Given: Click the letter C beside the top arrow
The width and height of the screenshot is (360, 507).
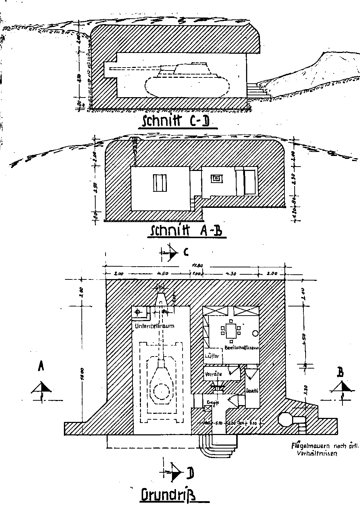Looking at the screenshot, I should coord(186,252).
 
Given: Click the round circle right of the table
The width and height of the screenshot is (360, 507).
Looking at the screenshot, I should coord(255,333).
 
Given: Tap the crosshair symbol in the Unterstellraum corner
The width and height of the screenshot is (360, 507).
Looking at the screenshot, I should coord(138,312).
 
